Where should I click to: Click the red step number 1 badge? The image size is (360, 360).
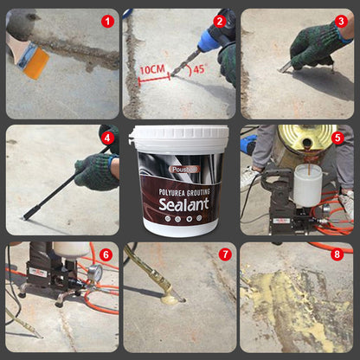107,21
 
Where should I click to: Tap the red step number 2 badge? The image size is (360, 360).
220,21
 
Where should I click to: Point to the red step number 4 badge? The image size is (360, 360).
107,137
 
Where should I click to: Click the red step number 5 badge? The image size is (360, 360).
337,137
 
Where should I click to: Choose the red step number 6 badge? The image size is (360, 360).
106,254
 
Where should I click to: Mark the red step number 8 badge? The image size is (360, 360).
337,254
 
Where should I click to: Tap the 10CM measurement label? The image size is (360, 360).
152,67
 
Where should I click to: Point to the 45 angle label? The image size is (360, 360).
198,68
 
